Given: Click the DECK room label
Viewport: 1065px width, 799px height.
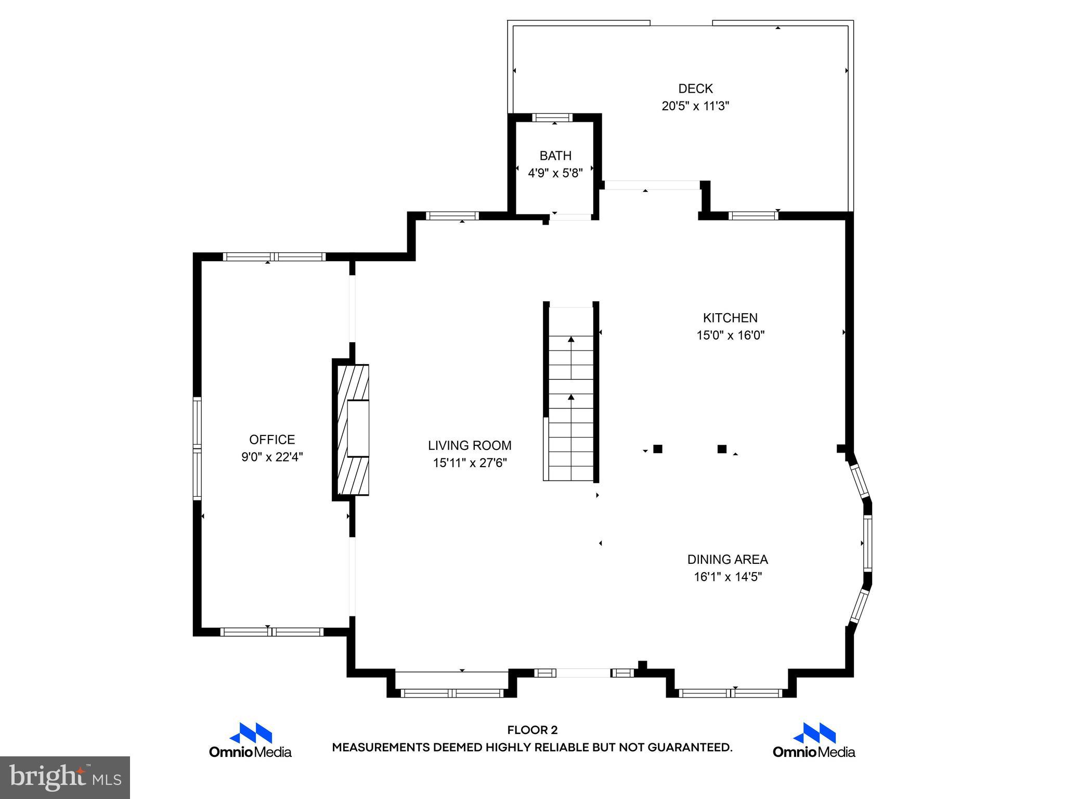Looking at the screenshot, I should [x=695, y=88].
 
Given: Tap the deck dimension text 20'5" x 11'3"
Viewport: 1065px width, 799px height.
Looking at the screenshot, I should [x=695, y=106].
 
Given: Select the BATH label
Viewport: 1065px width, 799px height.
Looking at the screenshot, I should [x=555, y=156].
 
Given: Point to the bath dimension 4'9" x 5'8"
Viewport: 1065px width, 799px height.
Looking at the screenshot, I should [x=555, y=173].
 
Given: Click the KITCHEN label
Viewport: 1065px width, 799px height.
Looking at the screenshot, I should [x=730, y=318].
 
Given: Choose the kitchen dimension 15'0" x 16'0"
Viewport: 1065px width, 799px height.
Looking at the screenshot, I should [x=730, y=336].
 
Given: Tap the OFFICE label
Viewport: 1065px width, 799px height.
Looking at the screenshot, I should [x=272, y=440].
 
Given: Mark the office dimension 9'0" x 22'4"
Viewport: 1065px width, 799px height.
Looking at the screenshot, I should [x=272, y=457].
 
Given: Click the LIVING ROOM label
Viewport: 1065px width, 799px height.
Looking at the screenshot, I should [x=470, y=445].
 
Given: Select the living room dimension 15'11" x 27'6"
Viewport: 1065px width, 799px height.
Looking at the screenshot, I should [x=470, y=463].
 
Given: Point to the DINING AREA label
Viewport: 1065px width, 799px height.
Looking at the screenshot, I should [x=728, y=559].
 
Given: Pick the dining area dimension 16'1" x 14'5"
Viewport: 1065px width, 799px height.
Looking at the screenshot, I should [x=728, y=577].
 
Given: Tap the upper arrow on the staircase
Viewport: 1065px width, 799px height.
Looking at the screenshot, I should [x=571, y=340].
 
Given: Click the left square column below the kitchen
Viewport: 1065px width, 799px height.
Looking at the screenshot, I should [x=658, y=449].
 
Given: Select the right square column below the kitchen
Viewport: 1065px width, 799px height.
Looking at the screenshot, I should [x=722, y=449].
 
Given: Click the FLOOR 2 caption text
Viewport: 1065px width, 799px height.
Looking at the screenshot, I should [x=532, y=730].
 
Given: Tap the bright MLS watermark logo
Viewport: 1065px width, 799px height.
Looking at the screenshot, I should [x=65, y=778].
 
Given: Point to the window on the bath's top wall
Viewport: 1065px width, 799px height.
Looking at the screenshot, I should [x=552, y=118].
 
